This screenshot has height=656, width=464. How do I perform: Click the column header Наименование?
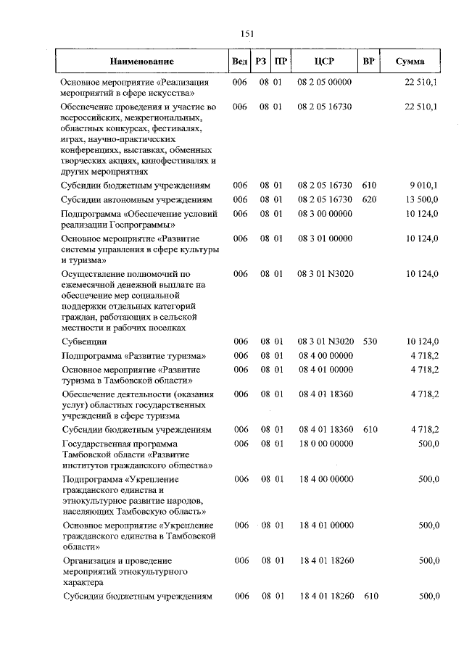[x=142, y=62]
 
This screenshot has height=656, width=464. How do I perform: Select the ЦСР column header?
[x=324, y=62]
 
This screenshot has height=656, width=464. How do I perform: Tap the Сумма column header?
[x=410, y=62]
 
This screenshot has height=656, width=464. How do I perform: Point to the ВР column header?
[x=368, y=62]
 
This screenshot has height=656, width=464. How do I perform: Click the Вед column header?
[x=239, y=62]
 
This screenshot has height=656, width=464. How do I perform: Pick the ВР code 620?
[x=370, y=199]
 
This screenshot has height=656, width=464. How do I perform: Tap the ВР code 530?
[x=370, y=341]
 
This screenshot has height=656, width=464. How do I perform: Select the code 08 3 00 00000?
[x=324, y=213]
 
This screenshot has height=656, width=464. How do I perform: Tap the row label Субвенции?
[x=85, y=341]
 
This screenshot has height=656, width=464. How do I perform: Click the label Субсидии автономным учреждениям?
[x=137, y=199]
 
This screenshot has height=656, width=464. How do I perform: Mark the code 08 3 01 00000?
[x=324, y=238]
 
